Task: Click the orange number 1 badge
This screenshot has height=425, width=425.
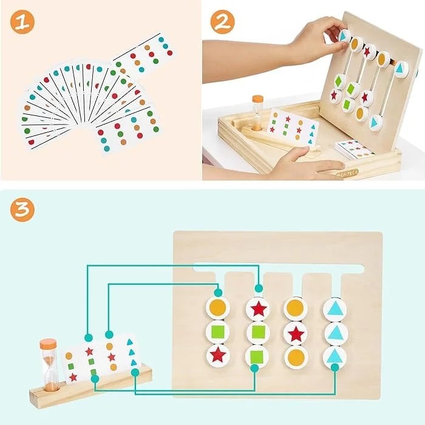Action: point(22,22)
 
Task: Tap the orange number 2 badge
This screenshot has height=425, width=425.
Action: point(222,22)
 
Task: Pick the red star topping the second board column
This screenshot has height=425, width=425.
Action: point(259,308)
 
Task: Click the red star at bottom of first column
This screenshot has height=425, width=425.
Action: point(217,355)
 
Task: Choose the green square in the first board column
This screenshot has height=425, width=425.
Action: point(217,331)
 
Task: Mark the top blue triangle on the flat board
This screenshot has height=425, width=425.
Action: point(334,308)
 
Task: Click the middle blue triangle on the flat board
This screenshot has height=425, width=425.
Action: point(334,332)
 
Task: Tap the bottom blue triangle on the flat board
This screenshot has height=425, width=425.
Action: point(334,356)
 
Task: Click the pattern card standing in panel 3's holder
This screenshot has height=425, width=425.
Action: point(100,358)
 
